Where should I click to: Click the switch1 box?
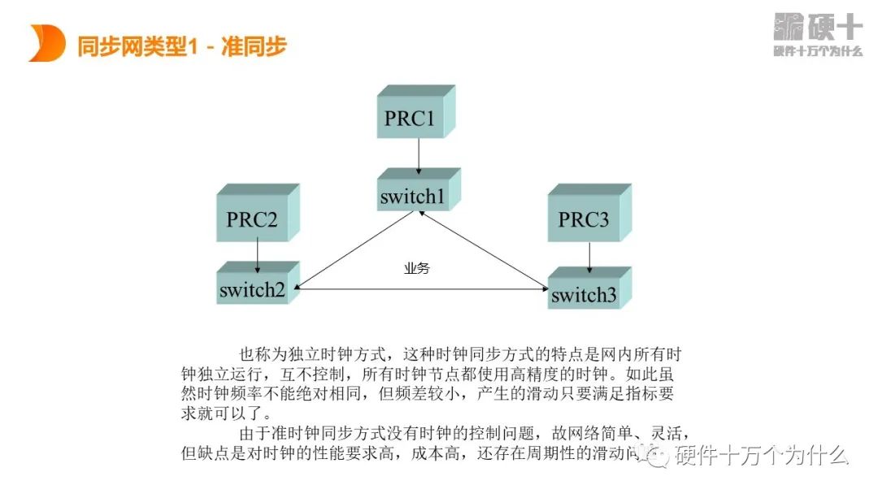click(x=415, y=194)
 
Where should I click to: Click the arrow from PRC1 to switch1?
click(x=419, y=155)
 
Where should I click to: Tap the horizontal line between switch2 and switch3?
click(x=423, y=288)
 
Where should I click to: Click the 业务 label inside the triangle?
click(x=416, y=268)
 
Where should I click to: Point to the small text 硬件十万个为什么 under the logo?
click(x=817, y=51)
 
